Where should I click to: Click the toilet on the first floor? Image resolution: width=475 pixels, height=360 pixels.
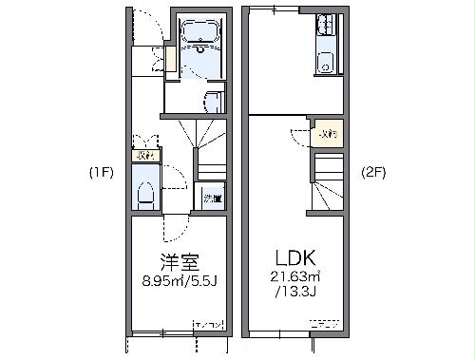point(145,194)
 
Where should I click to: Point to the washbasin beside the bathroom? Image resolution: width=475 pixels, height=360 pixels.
point(212,101)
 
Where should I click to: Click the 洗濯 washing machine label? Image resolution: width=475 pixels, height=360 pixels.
point(212,199)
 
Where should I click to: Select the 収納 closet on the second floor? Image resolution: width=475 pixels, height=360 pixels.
point(327,135)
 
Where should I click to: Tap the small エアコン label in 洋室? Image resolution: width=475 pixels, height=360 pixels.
point(209,327)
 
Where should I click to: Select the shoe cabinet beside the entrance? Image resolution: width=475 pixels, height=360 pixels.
point(159,59)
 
